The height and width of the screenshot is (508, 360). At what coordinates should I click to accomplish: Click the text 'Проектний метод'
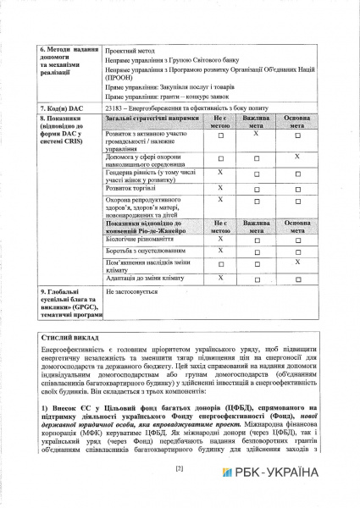tap(129, 49)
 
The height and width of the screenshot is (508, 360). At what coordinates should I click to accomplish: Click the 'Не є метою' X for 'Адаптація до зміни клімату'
tap(220, 277)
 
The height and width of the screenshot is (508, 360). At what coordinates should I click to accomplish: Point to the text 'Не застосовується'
tap(131, 292)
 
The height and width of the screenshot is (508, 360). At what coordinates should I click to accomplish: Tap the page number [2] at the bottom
tap(180, 470)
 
